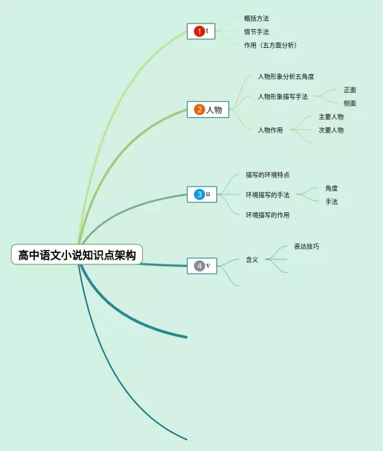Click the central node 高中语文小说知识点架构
[x=77, y=255]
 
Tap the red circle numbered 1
[x=199, y=31]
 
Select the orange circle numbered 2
[x=199, y=109]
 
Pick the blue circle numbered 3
[x=199, y=194]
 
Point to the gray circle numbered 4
[x=199, y=266]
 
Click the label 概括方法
[x=256, y=19]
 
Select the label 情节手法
[x=256, y=32]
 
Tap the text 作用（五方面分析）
[x=270, y=45]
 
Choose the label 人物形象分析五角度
[x=286, y=77]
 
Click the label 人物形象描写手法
[x=282, y=96]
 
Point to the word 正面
[x=350, y=90]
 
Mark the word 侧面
[x=350, y=103]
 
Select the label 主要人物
[x=331, y=117]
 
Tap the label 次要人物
[x=331, y=130]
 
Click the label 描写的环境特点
[x=268, y=175]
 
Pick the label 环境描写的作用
[x=268, y=215]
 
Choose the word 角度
[x=332, y=188]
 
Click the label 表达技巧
[x=306, y=246]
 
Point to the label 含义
[x=252, y=260]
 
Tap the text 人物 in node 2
[x=214, y=110]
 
